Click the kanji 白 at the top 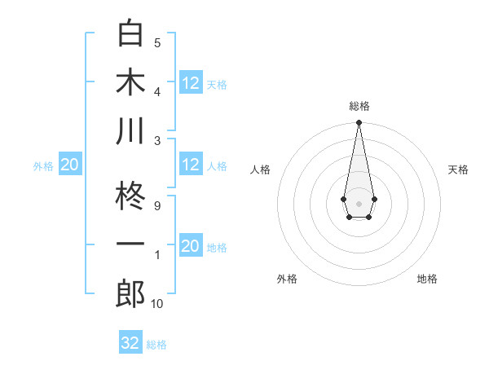130,34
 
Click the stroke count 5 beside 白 157,42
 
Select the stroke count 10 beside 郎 157,304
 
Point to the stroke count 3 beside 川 157,140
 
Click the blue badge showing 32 130,343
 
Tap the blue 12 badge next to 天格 190,82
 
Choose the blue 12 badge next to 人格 190,165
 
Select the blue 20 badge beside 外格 69,165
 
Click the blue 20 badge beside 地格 190,246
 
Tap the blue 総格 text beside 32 156,345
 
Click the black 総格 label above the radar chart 359,106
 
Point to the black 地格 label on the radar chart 427,279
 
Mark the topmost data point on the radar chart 359,123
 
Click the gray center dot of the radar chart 359,202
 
